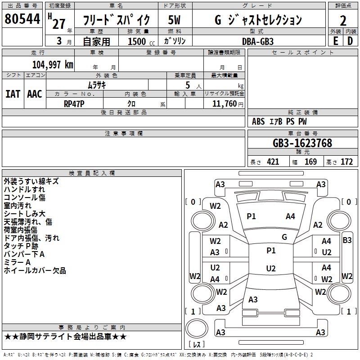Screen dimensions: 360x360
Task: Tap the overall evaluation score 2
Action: [343, 20]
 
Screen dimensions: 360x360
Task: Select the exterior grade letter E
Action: [335, 40]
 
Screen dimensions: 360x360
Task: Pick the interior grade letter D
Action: [350, 40]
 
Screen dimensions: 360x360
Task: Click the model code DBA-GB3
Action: [257, 41]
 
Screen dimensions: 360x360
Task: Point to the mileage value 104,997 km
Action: [53, 64]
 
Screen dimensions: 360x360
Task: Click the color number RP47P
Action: [74, 103]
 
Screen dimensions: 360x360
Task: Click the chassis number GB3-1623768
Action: [302, 143]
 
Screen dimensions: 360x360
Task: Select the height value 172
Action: [346, 162]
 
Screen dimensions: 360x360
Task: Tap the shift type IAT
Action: [13, 94]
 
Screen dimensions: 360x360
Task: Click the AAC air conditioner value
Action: [35, 94]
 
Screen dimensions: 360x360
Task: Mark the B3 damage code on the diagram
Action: [347, 240]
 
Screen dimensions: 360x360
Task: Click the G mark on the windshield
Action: [284, 237]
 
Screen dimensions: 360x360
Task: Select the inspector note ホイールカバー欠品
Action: [35, 270]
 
